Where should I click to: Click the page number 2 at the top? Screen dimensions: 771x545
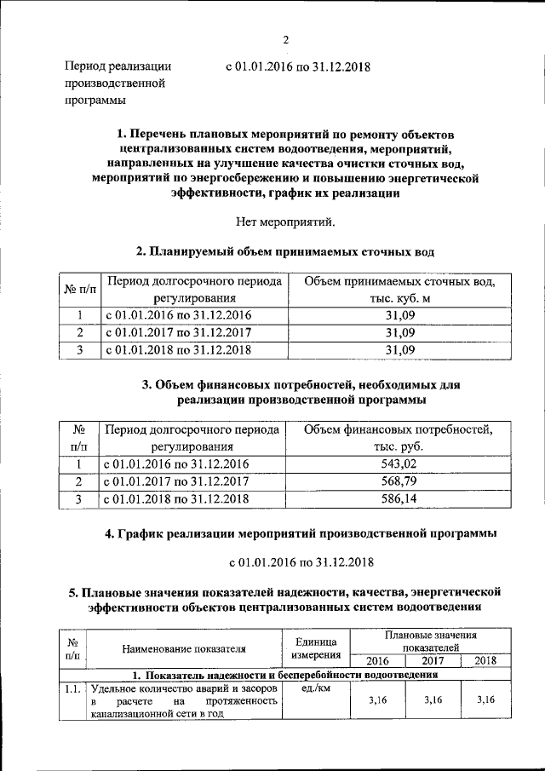click(287, 39)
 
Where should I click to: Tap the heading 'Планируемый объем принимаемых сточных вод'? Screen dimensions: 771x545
click(286, 252)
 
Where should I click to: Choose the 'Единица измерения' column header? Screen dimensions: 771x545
click(316, 647)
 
